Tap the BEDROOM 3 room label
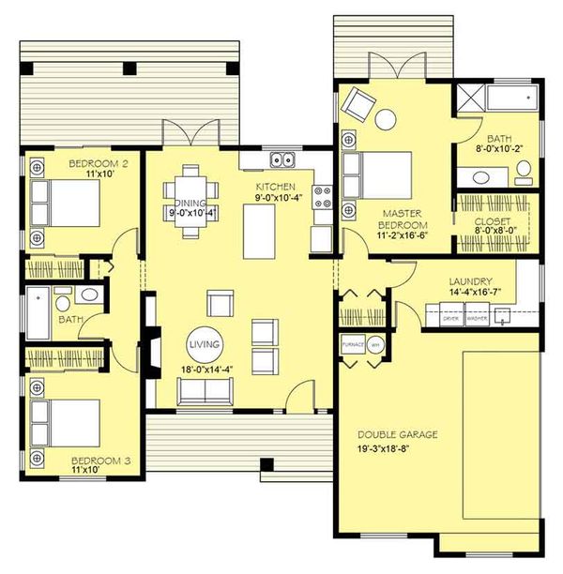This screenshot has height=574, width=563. click(99, 461)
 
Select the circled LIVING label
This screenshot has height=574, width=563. click(204, 345)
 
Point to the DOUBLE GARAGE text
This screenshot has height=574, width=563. click(398, 435)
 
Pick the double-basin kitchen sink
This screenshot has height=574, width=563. click(282, 158)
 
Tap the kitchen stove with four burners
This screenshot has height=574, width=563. click(323, 196)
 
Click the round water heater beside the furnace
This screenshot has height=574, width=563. click(375, 344)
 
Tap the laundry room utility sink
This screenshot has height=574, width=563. click(504, 316)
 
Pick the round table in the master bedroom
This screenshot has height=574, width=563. click(386, 119)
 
